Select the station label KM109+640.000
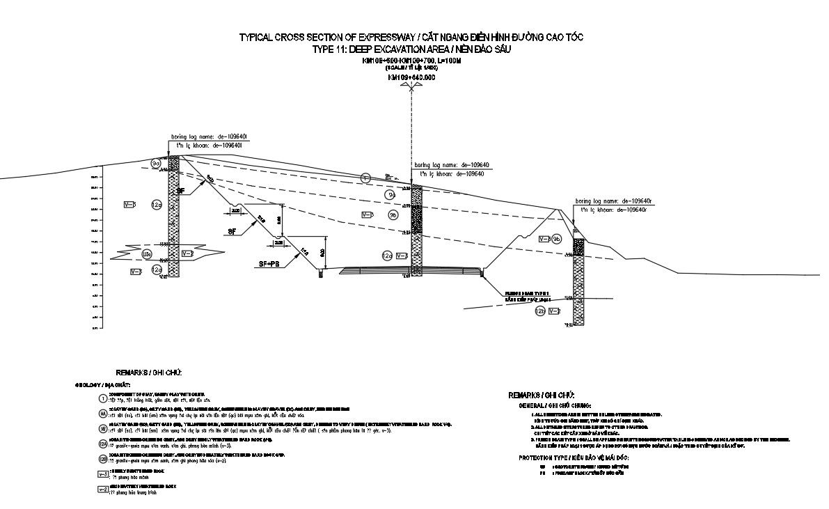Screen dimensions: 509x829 tap(411, 77)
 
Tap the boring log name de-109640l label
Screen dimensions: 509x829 tap(207, 137)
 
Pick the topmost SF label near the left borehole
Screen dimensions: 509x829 tap(181, 190)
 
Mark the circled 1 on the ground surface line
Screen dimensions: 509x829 tap(365, 178)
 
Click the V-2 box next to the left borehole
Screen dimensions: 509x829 tap(187, 253)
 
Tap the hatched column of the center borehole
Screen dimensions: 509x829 tap(417, 230)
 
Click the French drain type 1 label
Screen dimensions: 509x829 tap(527, 294)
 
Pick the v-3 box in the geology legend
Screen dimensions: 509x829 tap(103, 473)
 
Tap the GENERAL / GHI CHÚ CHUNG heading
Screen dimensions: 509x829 tap(555, 405)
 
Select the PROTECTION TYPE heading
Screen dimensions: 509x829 tap(574, 457)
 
